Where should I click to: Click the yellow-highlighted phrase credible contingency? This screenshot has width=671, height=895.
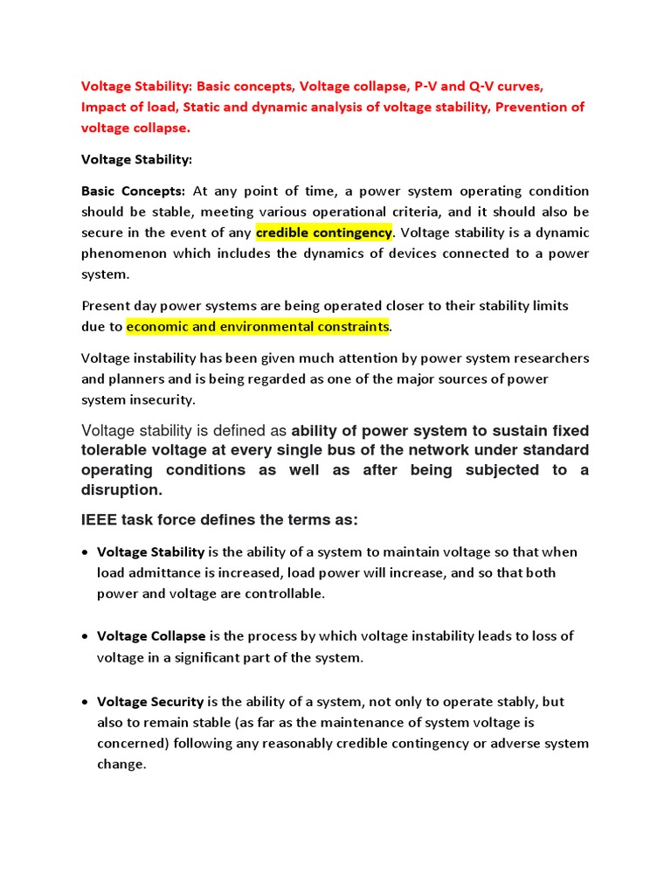(324, 232)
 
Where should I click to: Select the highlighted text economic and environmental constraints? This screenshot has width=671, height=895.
(257, 327)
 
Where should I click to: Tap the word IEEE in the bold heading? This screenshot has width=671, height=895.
(100, 520)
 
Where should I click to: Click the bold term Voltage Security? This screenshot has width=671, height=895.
(150, 702)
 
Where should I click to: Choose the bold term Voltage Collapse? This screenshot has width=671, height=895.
(151, 636)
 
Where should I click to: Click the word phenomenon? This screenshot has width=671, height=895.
(123, 253)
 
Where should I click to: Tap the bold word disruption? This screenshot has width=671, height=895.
(121, 490)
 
